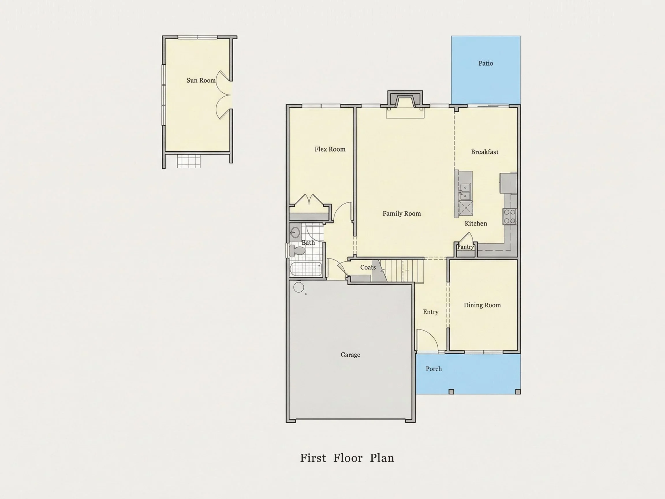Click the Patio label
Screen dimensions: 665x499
(x=485, y=63)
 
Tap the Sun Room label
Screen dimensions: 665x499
(x=201, y=80)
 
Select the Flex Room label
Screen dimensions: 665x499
(x=330, y=149)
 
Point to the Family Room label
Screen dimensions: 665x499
(x=401, y=214)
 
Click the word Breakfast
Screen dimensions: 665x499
(x=485, y=152)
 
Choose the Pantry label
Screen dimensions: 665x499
(x=465, y=247)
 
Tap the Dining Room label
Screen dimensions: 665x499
(x=482, y=305)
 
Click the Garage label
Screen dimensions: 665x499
(x=350, y=355)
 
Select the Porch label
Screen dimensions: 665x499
(x=434, y=369)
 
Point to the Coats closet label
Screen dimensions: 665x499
(x=368, y=267)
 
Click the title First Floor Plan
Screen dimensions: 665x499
(x=347, y=458)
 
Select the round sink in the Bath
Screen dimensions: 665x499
(x=295, y=232)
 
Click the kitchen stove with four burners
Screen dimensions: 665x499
(x=510, y=217)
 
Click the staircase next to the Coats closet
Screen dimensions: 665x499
(x=401, y=270)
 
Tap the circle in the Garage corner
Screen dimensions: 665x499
(x=298, y=287)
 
